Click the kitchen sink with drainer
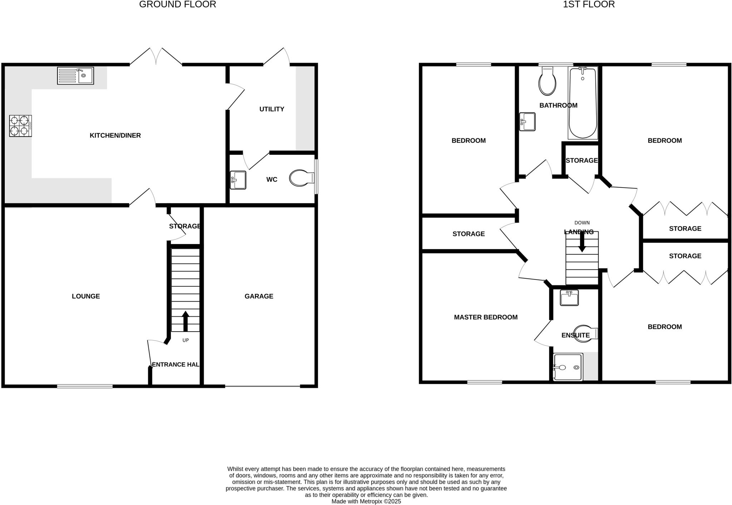tap(75, 76)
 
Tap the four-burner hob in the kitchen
tap(20, 126)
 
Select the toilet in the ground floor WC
tap(301, 178)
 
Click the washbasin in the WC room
tap(238, 180)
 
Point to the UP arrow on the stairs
tap(186, 321)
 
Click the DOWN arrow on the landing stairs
tap(582, 242)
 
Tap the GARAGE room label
tap(259, 296)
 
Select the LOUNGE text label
tap(86, 296)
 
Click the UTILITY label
tap(272, 109)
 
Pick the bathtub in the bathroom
tap(583, 103)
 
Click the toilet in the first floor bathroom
tap(547, 82)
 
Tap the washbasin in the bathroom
tap(527, 122)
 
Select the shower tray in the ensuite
tap(568, 367)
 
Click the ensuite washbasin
tap(569, 298)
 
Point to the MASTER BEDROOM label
tap(485, 317)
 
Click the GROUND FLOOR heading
tap(177, 5)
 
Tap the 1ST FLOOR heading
tap(589, 5)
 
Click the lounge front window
tap(85, 386)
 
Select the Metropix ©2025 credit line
tap(366, 501)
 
